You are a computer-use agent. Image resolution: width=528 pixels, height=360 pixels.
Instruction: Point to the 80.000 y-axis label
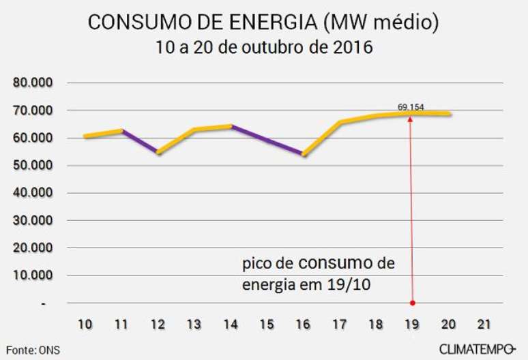click(x=35, y=83)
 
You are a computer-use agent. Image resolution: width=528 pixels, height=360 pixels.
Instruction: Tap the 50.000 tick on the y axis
click(x=35, y=166)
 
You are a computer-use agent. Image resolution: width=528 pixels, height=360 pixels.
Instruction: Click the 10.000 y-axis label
click(x=35, y=275)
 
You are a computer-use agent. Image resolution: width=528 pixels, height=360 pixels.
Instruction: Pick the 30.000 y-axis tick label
click(x=35, y=221)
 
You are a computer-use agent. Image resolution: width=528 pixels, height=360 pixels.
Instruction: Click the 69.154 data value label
click(x=411, y=107)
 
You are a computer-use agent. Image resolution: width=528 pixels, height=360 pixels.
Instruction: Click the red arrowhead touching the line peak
click(x=411, y=118)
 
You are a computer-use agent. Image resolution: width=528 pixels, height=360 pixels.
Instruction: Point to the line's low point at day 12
click(x=158, y=153)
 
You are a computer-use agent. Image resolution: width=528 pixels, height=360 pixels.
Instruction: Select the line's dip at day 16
click(x=304, y=154)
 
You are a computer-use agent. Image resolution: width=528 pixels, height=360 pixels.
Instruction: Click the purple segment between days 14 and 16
click(x=267, y=140)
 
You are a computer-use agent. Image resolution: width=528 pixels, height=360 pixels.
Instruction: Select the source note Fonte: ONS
click(x=31, y=350)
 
